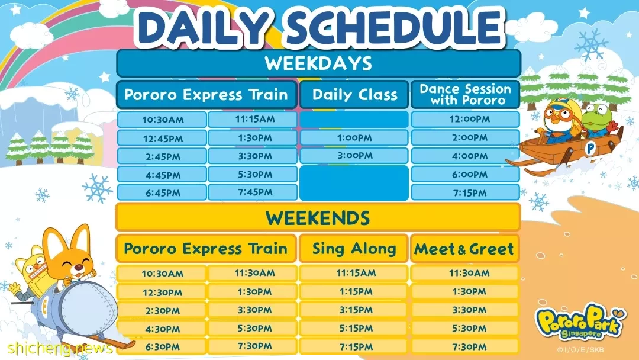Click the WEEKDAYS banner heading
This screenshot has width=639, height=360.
318,63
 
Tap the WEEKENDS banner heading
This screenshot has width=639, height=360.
318,218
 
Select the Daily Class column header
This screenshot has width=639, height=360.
354,95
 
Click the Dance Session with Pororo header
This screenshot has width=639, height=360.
466,95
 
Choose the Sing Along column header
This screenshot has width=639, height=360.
354,248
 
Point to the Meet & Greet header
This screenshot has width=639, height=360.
464,249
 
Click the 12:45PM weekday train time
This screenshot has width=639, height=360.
162,138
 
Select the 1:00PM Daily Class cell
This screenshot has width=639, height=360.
354,138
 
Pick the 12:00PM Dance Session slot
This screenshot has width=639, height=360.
466,119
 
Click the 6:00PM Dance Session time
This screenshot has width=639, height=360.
466,174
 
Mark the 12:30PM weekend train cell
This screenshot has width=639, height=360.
162,292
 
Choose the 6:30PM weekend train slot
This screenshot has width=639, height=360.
162,347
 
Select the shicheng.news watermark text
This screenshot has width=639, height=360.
60,348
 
